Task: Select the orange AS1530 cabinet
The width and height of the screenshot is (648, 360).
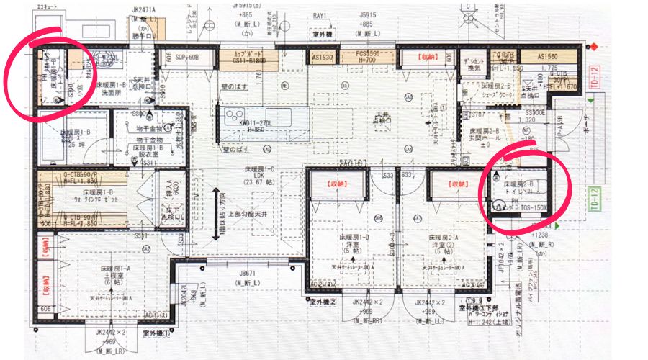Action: pos(323,58)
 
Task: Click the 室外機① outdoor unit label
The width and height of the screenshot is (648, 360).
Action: pos(156,333)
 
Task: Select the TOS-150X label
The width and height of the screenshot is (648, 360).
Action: pos(532,207)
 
